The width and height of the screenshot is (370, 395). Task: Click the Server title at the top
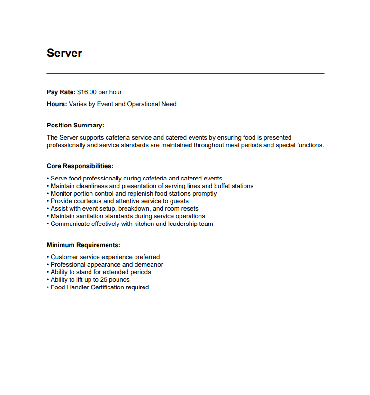(64, 53)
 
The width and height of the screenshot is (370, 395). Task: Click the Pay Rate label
(61, 92)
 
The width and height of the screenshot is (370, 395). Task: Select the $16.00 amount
(87, 92)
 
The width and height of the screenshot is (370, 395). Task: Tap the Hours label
(57, 104)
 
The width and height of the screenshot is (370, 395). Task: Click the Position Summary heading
(75, 125)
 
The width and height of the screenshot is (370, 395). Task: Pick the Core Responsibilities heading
(80, 166)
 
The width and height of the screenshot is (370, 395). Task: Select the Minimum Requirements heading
(83, 245)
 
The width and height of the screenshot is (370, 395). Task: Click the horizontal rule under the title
(185, 73)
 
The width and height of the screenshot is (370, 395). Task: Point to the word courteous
(87, 201)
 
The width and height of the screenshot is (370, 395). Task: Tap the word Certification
(107, 287)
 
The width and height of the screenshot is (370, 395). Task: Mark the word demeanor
(149, 265)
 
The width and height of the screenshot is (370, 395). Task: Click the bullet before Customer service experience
(48, 257)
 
